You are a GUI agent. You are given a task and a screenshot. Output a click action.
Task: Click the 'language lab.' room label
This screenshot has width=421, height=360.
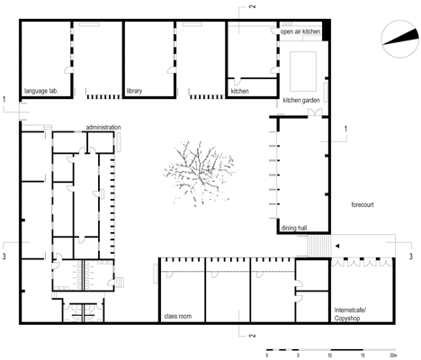point(41,91)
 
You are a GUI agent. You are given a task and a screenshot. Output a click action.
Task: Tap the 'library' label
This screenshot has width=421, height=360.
point(134,91)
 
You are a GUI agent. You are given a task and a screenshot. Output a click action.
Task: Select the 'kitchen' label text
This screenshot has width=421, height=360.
point(239,91)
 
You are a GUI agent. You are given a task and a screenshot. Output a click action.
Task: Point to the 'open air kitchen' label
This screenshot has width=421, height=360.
point(300,31)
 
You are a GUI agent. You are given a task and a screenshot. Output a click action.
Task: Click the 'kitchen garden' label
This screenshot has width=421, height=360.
point(301,100)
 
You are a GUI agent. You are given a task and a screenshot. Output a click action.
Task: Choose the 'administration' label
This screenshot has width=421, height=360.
point(103,127)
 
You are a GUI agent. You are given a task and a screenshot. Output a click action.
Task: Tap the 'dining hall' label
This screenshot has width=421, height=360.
point(294,228)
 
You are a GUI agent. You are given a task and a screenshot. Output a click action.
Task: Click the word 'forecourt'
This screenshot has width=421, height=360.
point(363,204)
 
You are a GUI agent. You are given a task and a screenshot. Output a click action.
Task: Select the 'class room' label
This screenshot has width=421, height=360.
point(178,316)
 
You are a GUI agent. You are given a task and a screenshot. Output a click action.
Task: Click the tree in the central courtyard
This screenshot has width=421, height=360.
point(200,174)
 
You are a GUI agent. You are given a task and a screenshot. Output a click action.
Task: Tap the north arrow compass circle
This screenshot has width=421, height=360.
point(400,39)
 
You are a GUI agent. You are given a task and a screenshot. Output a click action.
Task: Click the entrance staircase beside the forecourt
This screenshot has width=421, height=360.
point(319,246)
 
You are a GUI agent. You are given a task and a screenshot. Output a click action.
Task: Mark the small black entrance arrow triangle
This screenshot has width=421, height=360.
point(337,246)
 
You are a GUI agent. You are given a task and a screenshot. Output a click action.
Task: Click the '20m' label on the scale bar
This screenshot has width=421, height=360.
point(393,355)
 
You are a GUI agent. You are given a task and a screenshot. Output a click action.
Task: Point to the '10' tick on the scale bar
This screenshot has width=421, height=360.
point(330,355)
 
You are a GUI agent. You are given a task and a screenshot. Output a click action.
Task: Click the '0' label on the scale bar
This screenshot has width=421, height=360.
point(267,355)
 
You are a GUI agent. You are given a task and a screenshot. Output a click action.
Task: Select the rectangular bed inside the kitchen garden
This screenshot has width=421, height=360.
point(303,71)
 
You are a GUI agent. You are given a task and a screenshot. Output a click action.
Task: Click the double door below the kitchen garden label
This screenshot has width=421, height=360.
point(315,112)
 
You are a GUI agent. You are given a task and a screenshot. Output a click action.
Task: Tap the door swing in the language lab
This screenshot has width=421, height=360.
point(68,70)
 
